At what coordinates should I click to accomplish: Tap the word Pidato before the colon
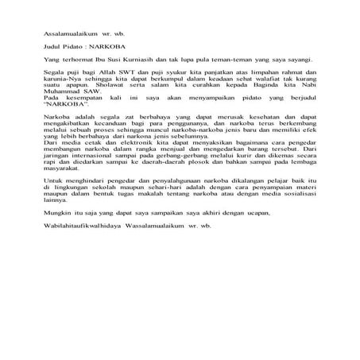coord(77,47)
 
